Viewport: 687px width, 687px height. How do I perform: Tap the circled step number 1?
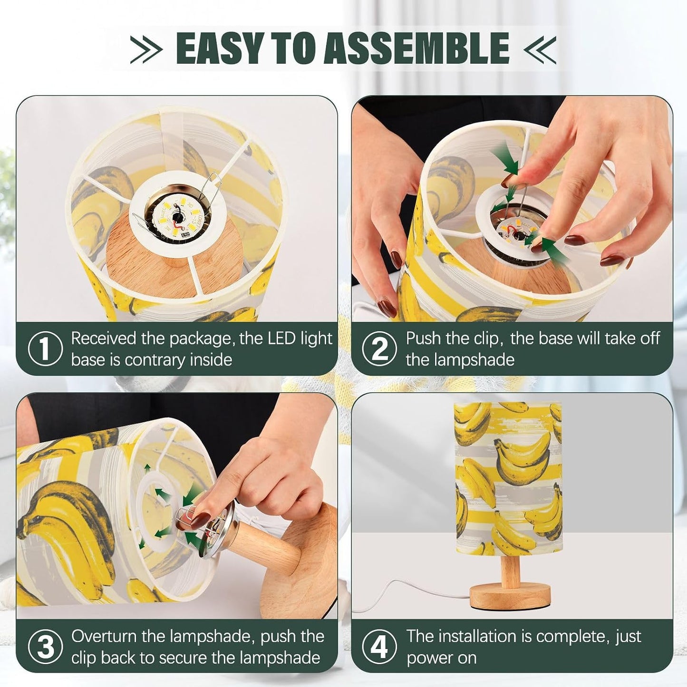(45, 348)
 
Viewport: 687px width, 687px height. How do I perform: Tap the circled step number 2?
(379, 348)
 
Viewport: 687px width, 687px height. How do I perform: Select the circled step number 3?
(45, 646)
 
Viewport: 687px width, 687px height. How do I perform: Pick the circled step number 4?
(379, 646)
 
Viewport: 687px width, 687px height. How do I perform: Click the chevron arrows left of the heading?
(146, 49)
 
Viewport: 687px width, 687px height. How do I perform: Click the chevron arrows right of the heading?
(540, 49)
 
